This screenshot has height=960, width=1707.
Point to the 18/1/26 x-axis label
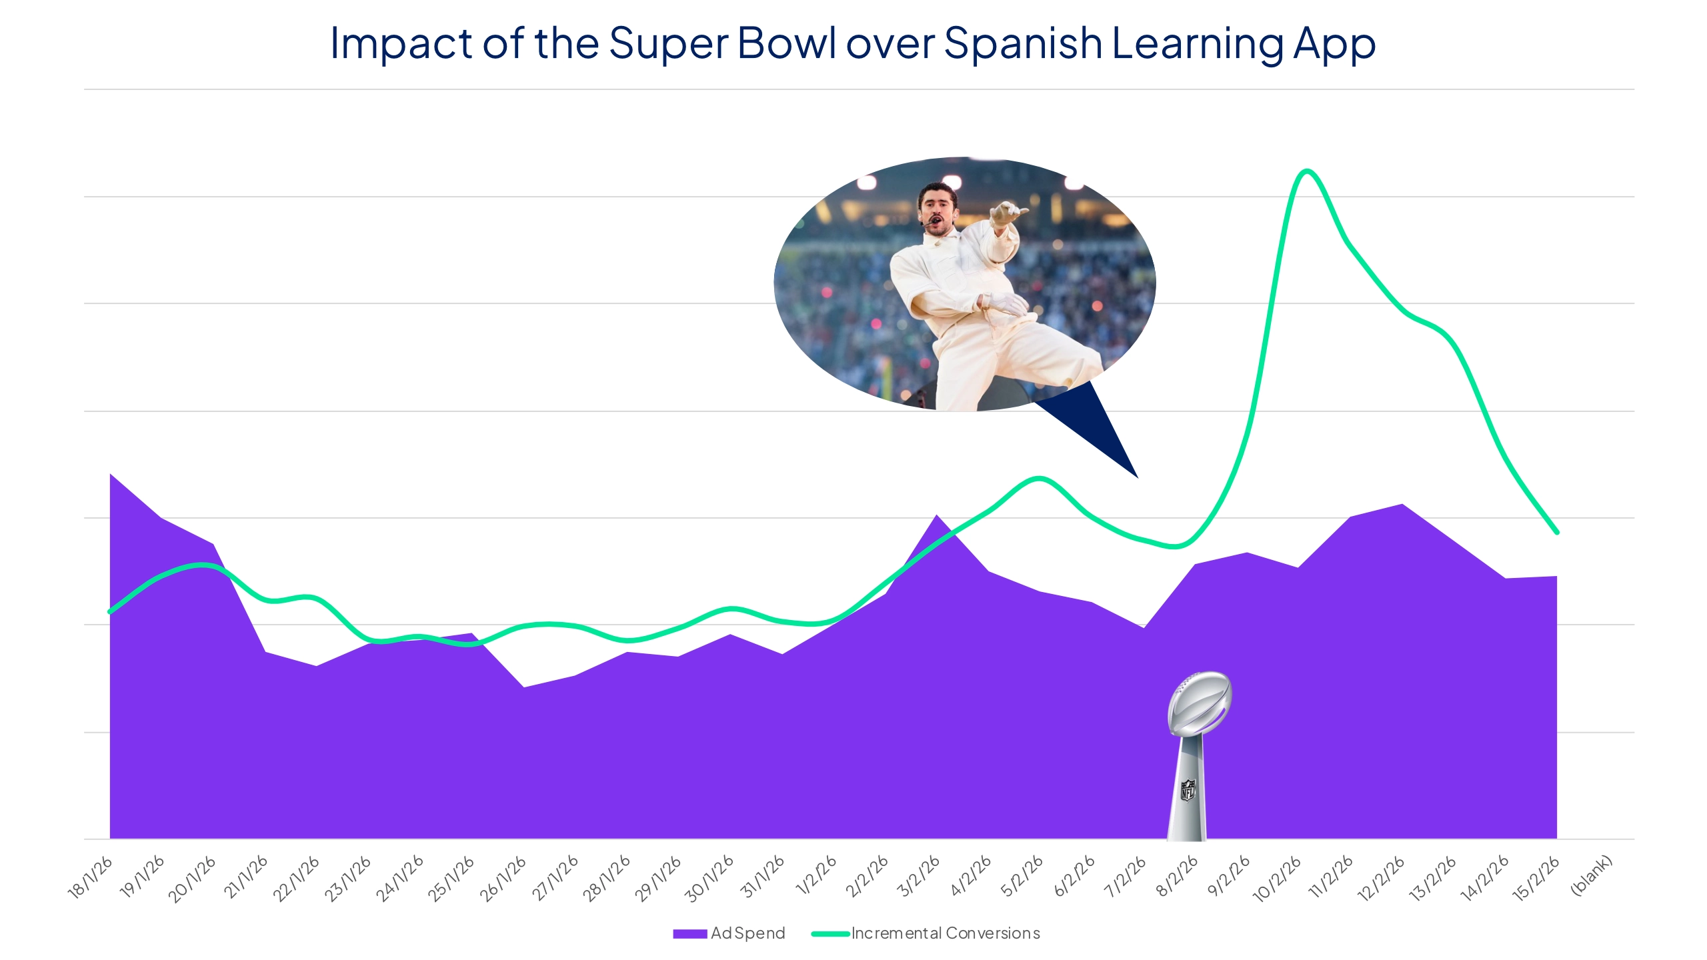91,878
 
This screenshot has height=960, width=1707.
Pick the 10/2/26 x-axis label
1278,879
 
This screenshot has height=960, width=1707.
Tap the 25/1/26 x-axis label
451,879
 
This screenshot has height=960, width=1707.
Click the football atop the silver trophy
1200,703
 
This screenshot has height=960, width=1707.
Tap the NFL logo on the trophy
1188,791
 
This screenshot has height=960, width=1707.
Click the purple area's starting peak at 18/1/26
111,475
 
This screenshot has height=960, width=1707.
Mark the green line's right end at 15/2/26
1556,532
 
